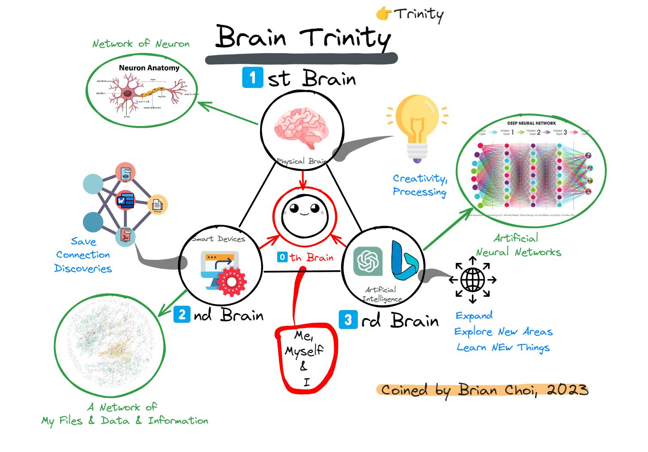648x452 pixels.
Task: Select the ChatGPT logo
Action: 368,261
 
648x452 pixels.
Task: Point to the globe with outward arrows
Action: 472,280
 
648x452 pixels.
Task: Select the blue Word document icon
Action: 125,201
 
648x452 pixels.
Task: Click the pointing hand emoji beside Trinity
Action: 384,14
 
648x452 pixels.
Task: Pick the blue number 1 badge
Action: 252,78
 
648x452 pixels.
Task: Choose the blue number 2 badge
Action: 182,315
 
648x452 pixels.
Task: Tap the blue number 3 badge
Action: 348,320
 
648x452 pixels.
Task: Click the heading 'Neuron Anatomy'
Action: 149,68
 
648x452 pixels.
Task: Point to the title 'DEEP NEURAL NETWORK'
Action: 531,123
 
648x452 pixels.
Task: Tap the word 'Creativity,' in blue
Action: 420,178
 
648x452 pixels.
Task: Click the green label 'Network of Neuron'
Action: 141,44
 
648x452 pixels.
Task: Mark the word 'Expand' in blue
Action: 474,316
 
